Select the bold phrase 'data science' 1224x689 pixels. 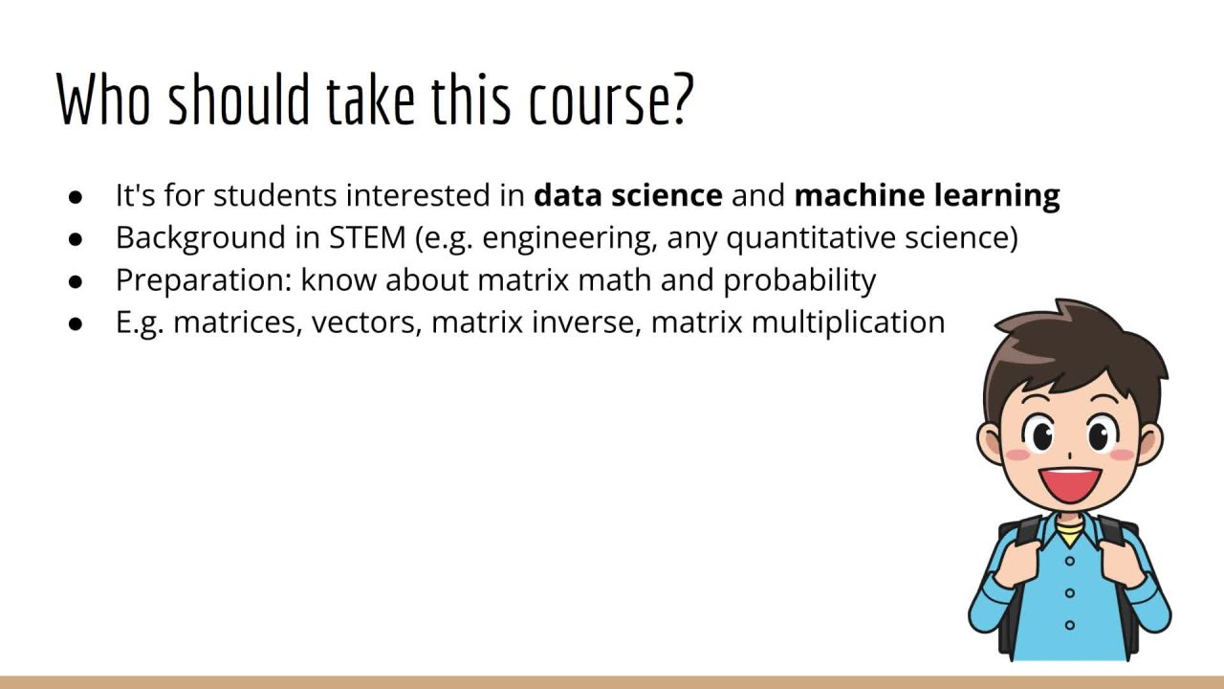[628, 195]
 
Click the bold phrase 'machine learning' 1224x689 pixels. [927, 196]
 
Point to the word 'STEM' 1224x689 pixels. [367, 238]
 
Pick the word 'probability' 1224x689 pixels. [799, 280]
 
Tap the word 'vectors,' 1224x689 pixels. [366, 322]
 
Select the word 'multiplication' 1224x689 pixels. [848, 322]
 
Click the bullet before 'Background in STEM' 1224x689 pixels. [76, 239]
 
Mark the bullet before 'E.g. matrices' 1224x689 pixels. [76, 323]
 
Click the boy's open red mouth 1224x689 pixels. [1069, 485]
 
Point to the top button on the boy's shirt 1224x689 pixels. [1069, 561]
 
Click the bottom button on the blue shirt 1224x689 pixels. [1069, 625]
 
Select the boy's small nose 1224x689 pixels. [1069, 456]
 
